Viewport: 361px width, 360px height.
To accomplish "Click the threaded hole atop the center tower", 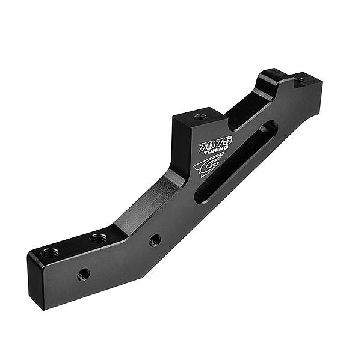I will (x=200, y=116).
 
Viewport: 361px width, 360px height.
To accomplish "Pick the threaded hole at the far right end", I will (x=299, y=79).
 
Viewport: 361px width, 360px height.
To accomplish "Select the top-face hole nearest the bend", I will (x=99, y=239).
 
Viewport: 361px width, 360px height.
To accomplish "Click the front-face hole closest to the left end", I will (x=84, y=275).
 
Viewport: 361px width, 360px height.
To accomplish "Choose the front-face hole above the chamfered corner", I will (x=155, y=240).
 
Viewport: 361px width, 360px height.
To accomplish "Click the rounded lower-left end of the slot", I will (x=203, y=195).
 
